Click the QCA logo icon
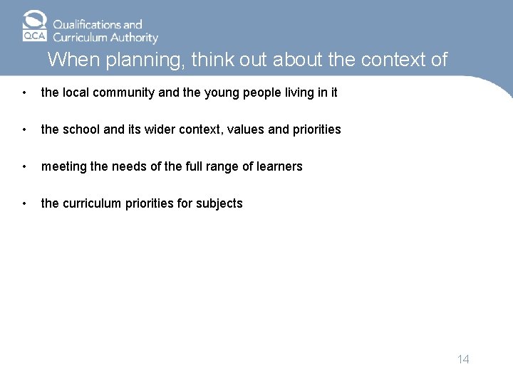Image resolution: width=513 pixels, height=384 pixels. point(34,26)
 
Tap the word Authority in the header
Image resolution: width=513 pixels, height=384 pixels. point(133,38)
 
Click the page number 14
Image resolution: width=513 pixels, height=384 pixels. point(463,359)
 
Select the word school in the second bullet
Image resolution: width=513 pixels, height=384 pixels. point(81,129)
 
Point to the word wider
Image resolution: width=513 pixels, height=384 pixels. point(156,129)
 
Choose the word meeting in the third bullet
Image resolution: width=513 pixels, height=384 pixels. point(62,166)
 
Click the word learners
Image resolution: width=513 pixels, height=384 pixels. point(279,166)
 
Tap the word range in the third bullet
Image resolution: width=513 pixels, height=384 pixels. point(221,166)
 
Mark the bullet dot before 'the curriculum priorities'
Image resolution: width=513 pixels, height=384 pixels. point(25,203)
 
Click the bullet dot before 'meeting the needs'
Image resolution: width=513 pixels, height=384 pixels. point(25,166)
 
